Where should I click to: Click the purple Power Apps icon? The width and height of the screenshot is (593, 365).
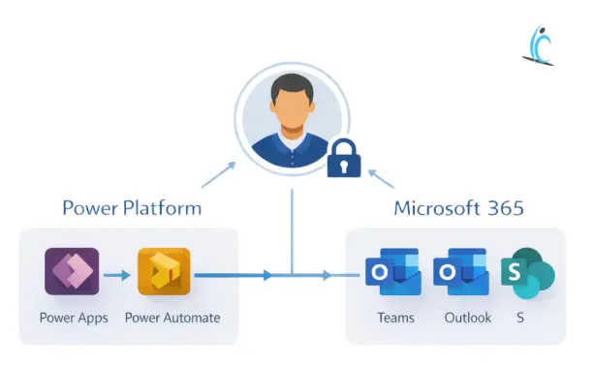(x=72, y=271)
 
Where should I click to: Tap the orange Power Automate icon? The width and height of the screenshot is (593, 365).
(x=164, y=271)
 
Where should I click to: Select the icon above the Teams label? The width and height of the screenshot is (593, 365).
(x=392, y=273)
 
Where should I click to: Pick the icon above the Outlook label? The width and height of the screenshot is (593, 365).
(x=460, y=273)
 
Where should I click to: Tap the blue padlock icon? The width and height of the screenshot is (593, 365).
(x=343, y=157)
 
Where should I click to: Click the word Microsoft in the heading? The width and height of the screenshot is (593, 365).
(x=437, y=208)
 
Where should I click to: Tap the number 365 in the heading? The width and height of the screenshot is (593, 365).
(x=506, y=208)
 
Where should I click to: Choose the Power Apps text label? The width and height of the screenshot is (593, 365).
(x=72, y=318)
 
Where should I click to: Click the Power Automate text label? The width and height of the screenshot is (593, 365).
(x=172, y=318)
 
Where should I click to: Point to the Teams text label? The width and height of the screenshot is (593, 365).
(x=395, y=318)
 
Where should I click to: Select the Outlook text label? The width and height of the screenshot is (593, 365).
(x=467, y=318)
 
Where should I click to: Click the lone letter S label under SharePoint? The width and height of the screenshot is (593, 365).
(x=521, y=318)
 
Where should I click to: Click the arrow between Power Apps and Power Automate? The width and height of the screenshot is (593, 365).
(x=117, y=275)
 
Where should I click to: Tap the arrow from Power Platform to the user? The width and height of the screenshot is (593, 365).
(x=218, y=173)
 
